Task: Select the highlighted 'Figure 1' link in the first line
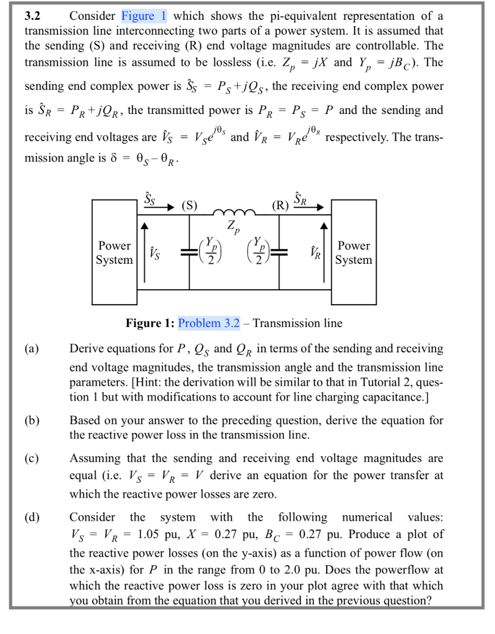coord(145,15)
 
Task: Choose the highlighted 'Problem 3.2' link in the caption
coord(209,323)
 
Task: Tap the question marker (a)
coord(32,349)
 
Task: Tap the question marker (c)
coord(32,459)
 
